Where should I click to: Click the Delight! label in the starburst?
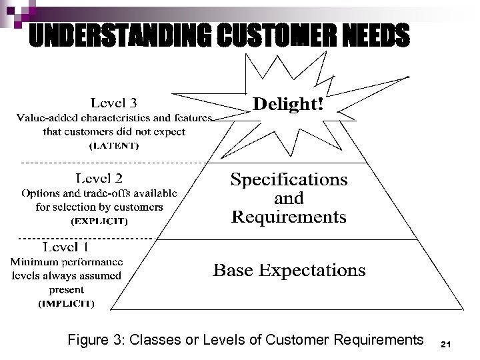point(289,105)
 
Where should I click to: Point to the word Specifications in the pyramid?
point(289,180)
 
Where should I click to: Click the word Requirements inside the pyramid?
point(289,217)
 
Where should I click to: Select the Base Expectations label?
point(289,270)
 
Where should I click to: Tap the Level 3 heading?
point(113,103)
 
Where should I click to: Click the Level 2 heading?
point(99,179)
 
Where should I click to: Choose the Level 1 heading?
point(66,247)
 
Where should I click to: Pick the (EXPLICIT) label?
point(99,219)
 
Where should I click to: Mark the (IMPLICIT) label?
point(66,303)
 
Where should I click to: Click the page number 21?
point(447,344)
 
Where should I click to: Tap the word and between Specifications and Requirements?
point(289,199)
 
